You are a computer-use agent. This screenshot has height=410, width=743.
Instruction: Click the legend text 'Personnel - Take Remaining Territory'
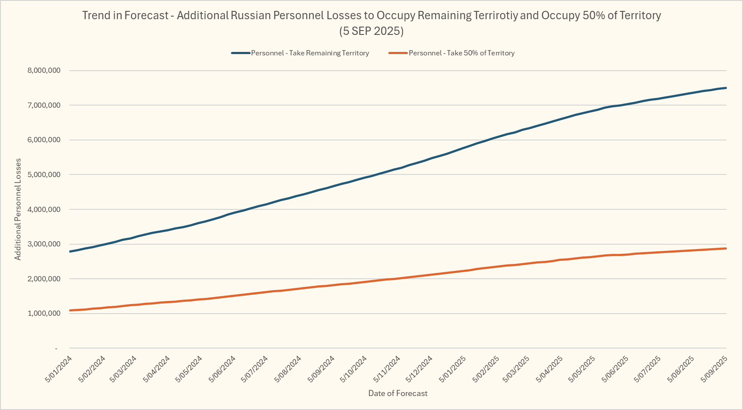point(310,53)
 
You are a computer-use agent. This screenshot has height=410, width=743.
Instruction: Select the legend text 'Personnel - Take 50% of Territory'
point(461,53)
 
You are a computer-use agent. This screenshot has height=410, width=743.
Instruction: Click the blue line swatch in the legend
point(241,53)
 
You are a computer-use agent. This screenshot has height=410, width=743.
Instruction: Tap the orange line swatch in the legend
point(398,53)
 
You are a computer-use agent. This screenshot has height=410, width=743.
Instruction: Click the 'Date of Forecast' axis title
point(398,393)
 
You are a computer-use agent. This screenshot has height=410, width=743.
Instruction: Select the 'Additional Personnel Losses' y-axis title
point(18,209)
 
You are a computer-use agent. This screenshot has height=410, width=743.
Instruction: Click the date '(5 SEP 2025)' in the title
point(371,31)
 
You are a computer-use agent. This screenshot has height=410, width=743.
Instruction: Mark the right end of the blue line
point(726,88)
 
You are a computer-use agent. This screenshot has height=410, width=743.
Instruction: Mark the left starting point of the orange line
point(70,311)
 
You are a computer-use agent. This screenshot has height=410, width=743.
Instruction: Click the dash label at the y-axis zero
point(56,348)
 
